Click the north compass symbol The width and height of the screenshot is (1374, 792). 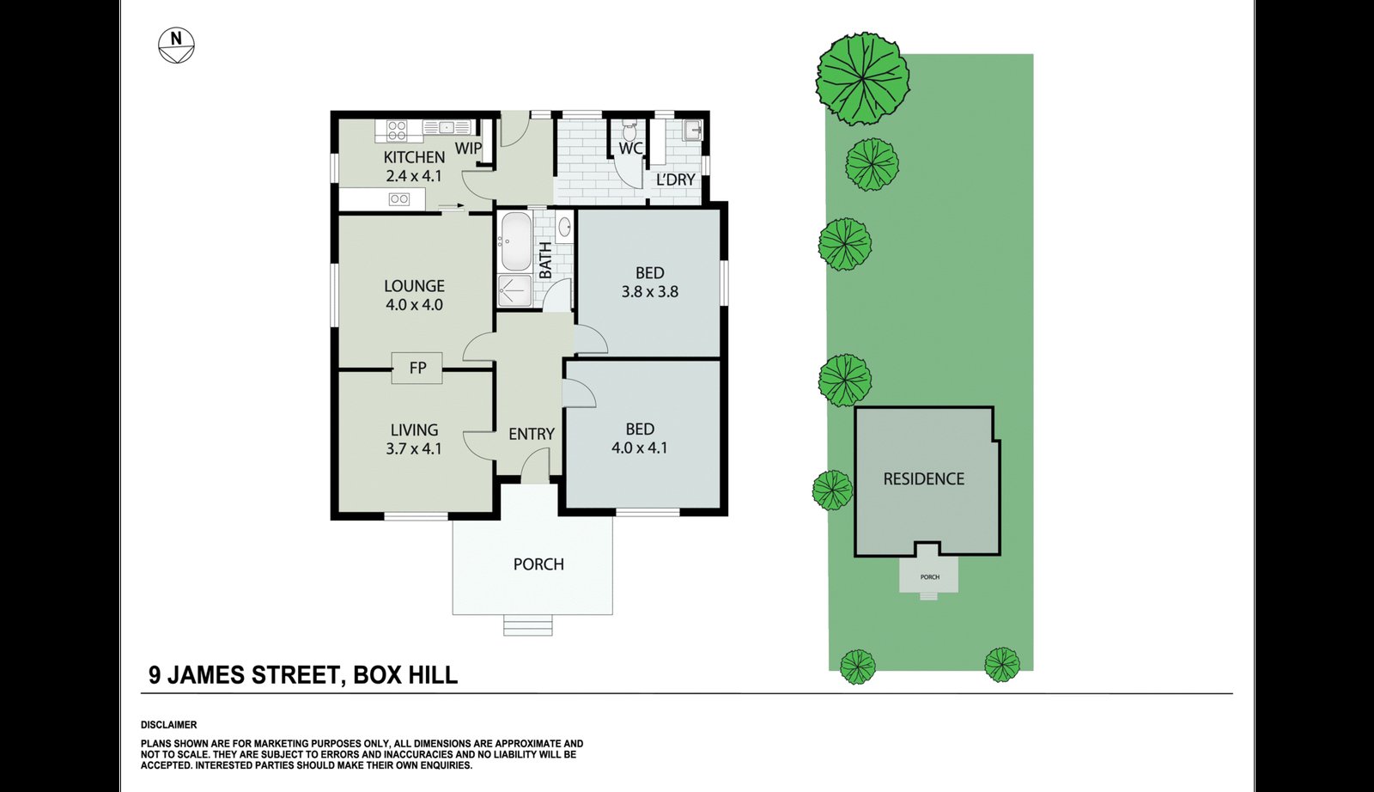[176, 46]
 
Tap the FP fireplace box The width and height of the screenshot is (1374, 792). [417, 369]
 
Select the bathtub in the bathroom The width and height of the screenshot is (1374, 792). [516, 241]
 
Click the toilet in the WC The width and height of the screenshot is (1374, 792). [629, 130]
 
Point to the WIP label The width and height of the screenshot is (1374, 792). [468, 148]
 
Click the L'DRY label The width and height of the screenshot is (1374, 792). [675, 180]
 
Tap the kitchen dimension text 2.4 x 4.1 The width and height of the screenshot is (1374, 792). [414, 176]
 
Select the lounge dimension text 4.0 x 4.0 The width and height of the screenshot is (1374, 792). [414, 304]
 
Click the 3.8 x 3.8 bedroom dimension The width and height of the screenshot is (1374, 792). [649, 291]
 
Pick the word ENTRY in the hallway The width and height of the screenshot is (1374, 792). [532, 435]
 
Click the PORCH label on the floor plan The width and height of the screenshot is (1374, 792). [538, 564]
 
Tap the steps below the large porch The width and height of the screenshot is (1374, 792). [528, 625]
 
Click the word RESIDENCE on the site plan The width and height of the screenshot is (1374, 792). [924, 479]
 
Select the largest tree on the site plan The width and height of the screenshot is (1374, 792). [862, 79]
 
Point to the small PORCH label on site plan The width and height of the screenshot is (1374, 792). [930, 577]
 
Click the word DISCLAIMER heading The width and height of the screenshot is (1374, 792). [168, 725]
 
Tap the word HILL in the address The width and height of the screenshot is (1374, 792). [432, 675]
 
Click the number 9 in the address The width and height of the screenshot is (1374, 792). [155, 675]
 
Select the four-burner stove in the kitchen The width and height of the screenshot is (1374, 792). [396, 130]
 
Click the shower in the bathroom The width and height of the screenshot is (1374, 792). [514, 290]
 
